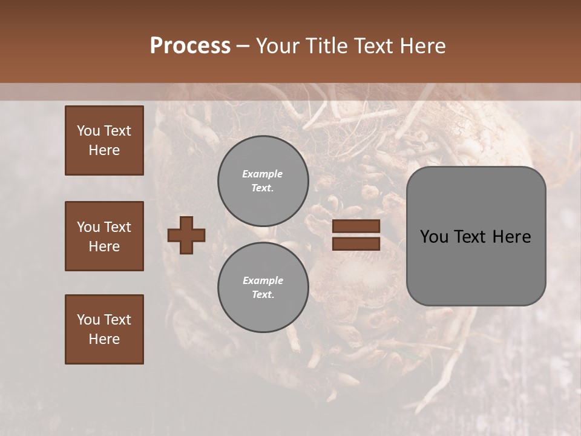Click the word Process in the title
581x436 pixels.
[x=190, y=46]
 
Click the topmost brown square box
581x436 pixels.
[x=104, y=140]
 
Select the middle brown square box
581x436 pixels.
[x=104, y=236]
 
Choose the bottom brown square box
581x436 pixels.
[x=104, y=329]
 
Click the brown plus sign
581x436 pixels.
[x=186, y=236]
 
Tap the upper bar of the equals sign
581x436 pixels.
[x=356, y=226]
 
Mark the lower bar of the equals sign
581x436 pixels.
[x=356, y=243]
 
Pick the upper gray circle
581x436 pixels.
[x=263, y=180]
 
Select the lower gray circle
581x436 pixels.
[x=263, y=287]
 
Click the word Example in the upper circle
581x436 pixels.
[x=263, y=174]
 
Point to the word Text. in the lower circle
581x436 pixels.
[x=263, y=294]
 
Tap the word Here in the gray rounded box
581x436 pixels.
[x=511, y=237]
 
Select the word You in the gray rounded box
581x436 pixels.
[x=434, y=237]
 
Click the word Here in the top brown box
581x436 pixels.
[x=104, y=150]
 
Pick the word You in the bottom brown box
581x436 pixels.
[x=88, y=320]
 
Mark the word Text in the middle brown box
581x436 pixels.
[x=117, y=227]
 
